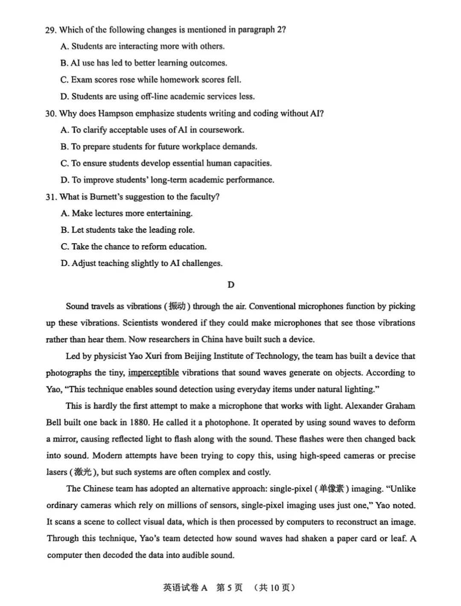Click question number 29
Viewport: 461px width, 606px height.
pyautogui.click(x=50, y=30)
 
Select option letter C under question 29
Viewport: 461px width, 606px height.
pyautogui.click(x=64, y=80)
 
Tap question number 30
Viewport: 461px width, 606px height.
pyautogui.click(x=50, y=114)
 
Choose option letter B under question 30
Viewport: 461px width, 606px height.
pyautogui.click(x=64, y=147)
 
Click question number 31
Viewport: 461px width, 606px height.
pyautogui.click(x=50, y=197)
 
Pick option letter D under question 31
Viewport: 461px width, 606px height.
pyautogui.click(x=65, y=263)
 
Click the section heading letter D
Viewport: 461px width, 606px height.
pyautogui.click(x=231, y=285)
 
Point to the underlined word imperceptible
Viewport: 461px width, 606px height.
pyautogui.click(x=153, y=373)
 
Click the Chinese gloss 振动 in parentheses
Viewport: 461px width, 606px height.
pyautogui.click(x=177, y=306)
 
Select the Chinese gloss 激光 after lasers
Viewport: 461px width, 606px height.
pyautogui.click(x=83, y=472)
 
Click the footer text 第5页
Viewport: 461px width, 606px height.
pyautogui.click(x=229, y=588)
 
